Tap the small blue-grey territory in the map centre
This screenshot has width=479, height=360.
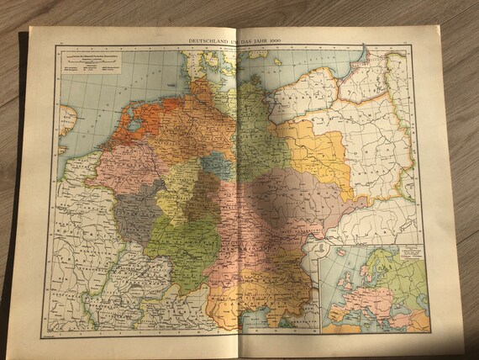(217, 164)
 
